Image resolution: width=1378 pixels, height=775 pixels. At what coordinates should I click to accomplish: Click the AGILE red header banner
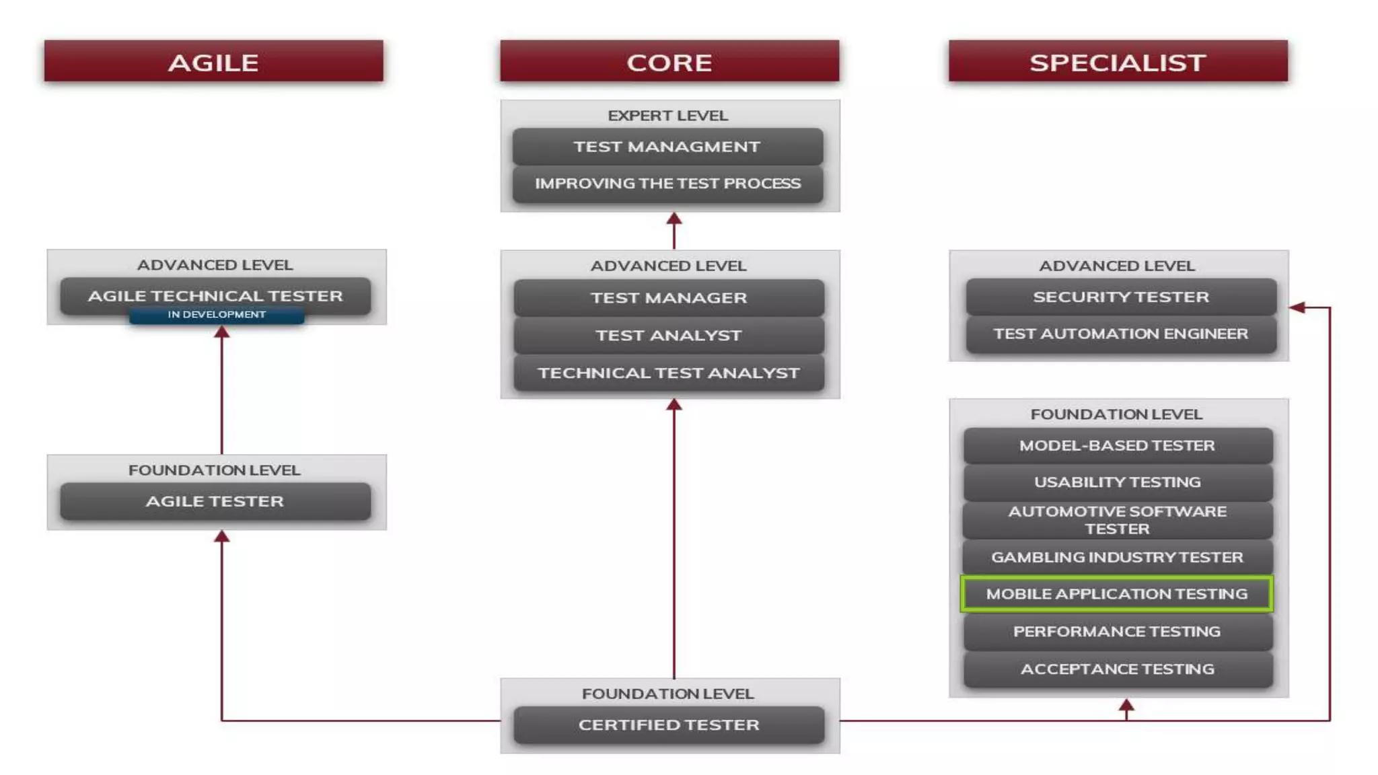[x=213, y=62]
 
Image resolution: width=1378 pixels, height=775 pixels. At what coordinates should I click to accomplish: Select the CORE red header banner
[x=669, y=62]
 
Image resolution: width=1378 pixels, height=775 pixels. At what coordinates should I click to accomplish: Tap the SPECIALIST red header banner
[x=1118, y=62]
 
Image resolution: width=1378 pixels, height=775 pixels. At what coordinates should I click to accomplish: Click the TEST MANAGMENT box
[x=667, y=147]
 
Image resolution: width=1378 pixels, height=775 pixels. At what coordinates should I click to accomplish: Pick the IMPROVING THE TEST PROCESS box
[x=667, y=184]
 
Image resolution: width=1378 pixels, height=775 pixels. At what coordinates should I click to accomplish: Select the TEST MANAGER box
[x=668, y=297]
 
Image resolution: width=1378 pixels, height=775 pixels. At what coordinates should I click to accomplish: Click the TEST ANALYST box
[x=668, y=335]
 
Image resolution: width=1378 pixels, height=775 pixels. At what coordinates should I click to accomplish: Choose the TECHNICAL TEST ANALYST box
[x=668, y=373]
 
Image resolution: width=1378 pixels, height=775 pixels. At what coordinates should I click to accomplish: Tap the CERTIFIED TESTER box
[x=668, y=725]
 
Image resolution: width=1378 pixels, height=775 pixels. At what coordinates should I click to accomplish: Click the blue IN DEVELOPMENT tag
[x=216, y=315]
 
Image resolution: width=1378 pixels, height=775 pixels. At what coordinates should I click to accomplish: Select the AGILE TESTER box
[x=215, y=501]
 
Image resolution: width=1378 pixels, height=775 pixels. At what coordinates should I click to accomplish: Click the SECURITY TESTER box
[x=1120, y=297]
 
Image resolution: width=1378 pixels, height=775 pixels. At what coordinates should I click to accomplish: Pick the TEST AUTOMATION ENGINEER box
[x=1120, y=334]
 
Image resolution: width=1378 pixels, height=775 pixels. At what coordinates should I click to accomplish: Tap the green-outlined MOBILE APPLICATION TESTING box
[x=1116, y=593]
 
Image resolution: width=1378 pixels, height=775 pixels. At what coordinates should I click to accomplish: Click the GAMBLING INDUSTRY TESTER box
[x=1116, y=557]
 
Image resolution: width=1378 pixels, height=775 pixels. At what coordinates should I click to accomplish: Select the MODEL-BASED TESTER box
[x=1116, y=445]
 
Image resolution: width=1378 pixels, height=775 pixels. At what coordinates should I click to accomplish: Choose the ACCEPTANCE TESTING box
[x=1116, y=669]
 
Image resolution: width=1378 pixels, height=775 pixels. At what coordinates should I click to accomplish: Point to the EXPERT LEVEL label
[x=667, y=116]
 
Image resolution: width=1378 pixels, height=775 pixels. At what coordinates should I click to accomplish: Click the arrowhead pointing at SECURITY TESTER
[x=1297, y=307]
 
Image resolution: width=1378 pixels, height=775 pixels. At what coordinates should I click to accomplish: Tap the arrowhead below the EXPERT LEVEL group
[x=674, y=219]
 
